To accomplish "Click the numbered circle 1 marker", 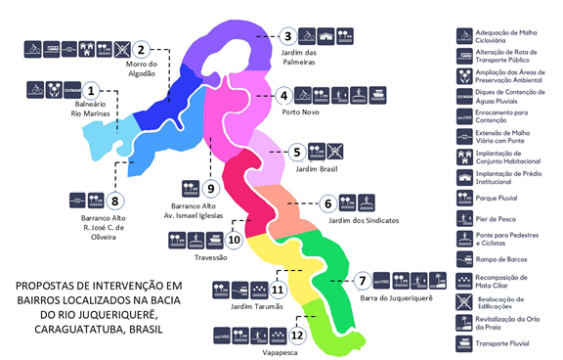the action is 92,91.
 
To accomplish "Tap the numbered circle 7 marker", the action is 363,281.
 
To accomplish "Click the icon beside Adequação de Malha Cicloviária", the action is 464,35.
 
